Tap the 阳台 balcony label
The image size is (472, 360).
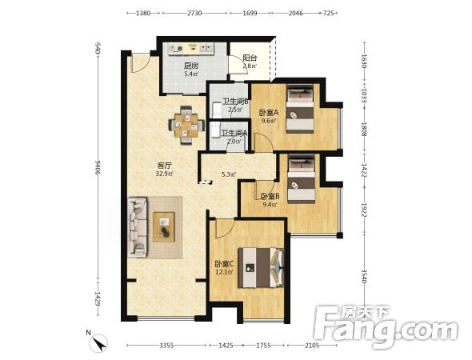tap(250, 58)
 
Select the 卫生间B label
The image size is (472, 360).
tap(235, 102)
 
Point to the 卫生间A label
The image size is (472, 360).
tap(234, 133)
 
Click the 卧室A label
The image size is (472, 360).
tap(269, 113)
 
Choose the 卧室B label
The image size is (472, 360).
tap(270, 197)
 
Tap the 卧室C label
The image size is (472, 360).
tap(224, 264)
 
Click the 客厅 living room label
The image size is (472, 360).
tap(164, 166)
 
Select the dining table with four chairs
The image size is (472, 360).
tap(186, 126)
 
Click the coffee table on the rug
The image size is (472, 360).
tap(164, 227)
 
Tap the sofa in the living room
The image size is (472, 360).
tap(138, 227)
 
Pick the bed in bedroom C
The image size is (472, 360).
tap(261, 268)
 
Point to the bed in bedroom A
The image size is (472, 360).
tap(300, 109)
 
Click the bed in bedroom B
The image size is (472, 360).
tap(302, 179)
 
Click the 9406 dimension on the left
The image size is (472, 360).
tap(98, 167)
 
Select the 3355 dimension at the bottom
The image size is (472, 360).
tap(166, 346)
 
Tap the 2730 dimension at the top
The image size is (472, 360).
tap(194, 14)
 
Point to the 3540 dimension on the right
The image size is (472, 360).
tap(364, 276)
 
